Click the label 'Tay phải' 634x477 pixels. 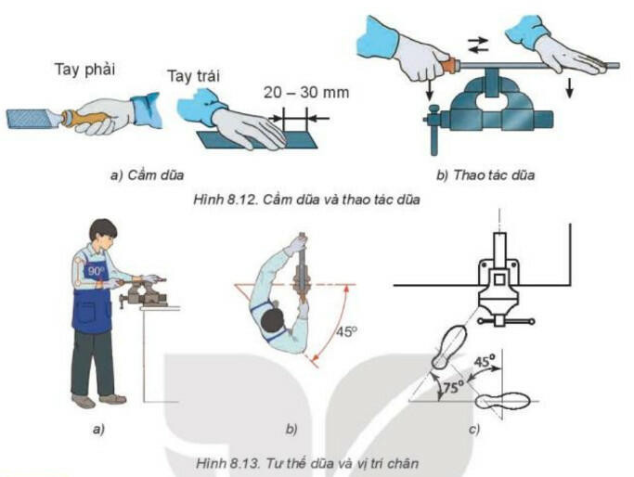click(x=84, y=70)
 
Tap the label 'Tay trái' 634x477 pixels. click(x=194, y=76)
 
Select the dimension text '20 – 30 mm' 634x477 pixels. click(x=306, y=93)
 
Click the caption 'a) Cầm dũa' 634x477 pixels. click(x=147, y=175)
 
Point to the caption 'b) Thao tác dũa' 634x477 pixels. click(x=485, y=175)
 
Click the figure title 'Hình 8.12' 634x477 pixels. click(x=225, y=200)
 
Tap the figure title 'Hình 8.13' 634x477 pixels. click(x=227, y=463)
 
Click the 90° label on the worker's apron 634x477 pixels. click(x=96, y=271)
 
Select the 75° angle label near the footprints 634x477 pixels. click(x=453, y=388)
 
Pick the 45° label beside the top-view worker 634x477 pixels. click(x=347, y=332)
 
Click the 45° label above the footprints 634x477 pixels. click(x=485, y=360)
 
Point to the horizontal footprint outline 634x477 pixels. click(x=502, y=402)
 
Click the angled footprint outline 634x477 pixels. click(x=449, y=347)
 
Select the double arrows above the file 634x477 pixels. click(x=477, y=45)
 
